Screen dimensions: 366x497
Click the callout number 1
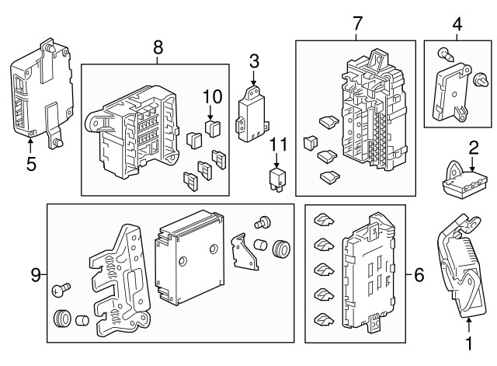point(469,342)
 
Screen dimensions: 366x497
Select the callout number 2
point(473,146)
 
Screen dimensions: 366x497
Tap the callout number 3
point(254,61)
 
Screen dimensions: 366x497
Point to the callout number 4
point(457,24)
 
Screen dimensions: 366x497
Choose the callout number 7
point(357,24)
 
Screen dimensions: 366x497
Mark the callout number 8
point(158,47)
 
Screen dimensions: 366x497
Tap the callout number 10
point(212,96)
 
